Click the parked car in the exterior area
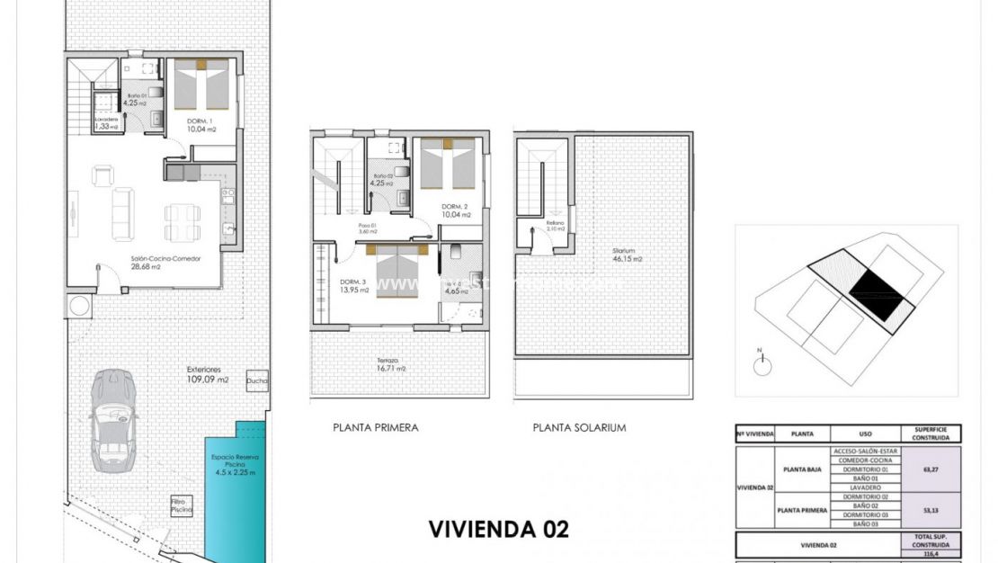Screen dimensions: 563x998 click(112, 420)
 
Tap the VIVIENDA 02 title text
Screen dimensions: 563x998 click(498, 529)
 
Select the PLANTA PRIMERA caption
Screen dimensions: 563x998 click(375, 428)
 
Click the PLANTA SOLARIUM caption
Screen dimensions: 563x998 click(579, 428)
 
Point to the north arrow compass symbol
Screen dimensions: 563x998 click(763, 363)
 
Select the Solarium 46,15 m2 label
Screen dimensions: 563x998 click(627, 255)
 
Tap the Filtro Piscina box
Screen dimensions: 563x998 click(183, 505)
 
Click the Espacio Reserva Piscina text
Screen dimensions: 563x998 click(234, 464)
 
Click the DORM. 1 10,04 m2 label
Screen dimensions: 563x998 click(201, 125)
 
